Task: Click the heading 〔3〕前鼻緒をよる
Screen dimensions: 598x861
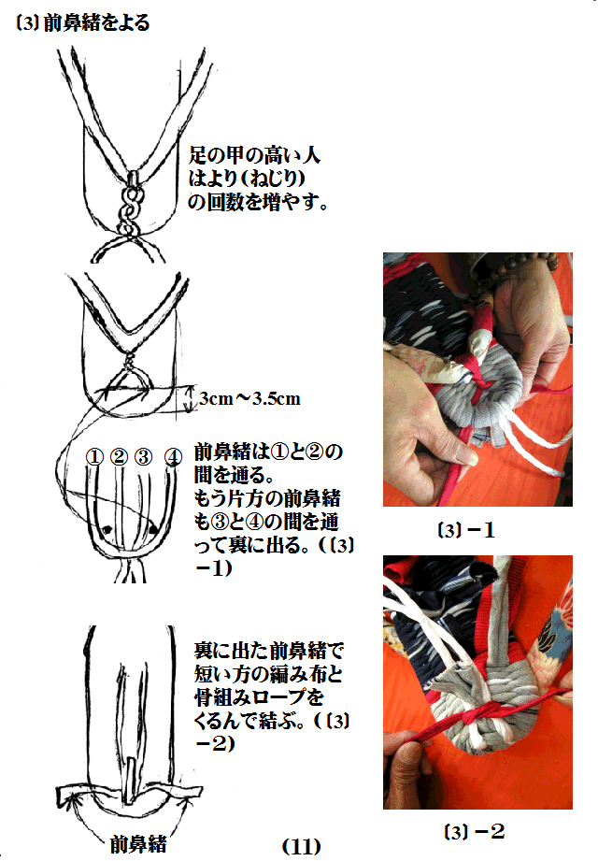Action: [83, 23]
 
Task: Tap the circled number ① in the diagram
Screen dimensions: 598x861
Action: [94, 457]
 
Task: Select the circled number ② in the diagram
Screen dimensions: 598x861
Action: [119, 457]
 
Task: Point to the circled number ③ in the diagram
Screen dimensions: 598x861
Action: [143, 457]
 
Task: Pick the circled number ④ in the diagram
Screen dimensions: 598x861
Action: [173, 457]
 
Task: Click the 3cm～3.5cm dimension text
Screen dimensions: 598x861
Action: [250, 398]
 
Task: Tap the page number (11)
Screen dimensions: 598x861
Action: [301, 846]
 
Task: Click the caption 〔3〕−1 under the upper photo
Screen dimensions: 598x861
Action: [467, 530]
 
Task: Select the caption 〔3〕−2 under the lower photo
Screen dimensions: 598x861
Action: [474, 831]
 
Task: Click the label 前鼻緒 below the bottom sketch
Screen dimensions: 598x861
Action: [138, 844]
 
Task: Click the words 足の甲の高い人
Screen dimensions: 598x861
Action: [254, 155]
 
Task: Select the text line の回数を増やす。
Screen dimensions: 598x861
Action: [258, 202]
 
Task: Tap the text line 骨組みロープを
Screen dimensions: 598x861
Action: [259, 697]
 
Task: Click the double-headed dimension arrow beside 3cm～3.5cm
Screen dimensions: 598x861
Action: [190, 398]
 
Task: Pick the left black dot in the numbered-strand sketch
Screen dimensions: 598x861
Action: [107, 529]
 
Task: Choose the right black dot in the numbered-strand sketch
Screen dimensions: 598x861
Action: [153, 529]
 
